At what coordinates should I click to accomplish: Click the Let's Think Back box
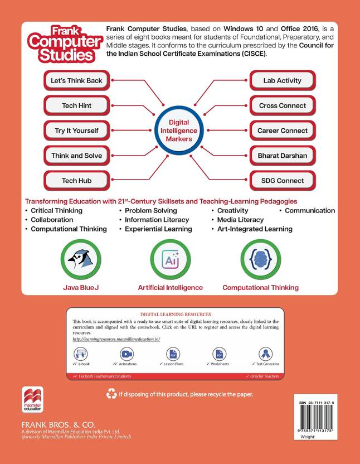pos(76,80)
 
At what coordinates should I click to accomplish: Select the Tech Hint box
pos(76,105)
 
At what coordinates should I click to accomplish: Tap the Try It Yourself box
pos(76,130)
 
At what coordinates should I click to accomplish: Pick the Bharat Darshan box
pos(282,156)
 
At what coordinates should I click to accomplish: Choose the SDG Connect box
pos(282,181)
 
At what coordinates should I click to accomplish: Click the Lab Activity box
pos(282,80)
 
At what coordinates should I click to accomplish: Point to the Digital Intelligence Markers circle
pos(179,130)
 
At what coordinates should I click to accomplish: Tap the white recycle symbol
pos(111,394)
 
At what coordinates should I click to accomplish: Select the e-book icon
pos(81,354)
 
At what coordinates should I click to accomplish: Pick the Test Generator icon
pos(266,354)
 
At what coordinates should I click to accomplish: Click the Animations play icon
pos(127,354)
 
